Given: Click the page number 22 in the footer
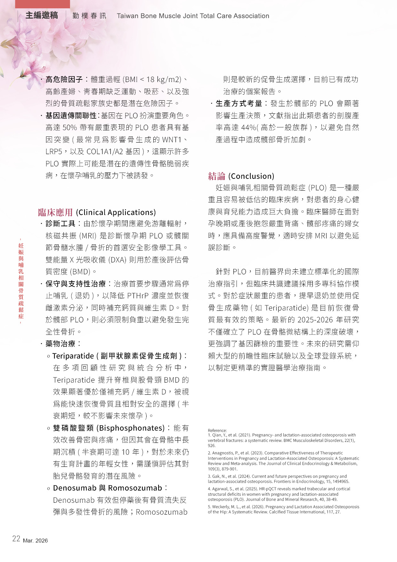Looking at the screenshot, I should [x=16, y=539].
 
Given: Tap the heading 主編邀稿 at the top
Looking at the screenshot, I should [x=42, y=15].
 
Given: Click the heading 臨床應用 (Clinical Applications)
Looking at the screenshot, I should [x=97, y=212].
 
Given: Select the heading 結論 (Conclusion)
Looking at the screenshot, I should [x=241, y=176].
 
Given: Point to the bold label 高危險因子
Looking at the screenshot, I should [x=64, y=79].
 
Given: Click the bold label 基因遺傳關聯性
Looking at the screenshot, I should [x=71, y=115].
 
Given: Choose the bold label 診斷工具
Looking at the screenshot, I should [x=61, y=224].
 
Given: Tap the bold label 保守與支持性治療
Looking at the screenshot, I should [x=76, y=284].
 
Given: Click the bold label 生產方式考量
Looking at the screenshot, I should [x=239, y=103].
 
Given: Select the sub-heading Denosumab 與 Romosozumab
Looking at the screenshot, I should [x=108, y=488].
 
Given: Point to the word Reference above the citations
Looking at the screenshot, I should [x=217, y=430].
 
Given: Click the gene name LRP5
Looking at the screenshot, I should [x=53, y=152].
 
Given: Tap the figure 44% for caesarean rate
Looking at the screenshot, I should [x=248, y=128].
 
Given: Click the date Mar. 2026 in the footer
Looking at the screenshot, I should [x=35, y=541].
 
